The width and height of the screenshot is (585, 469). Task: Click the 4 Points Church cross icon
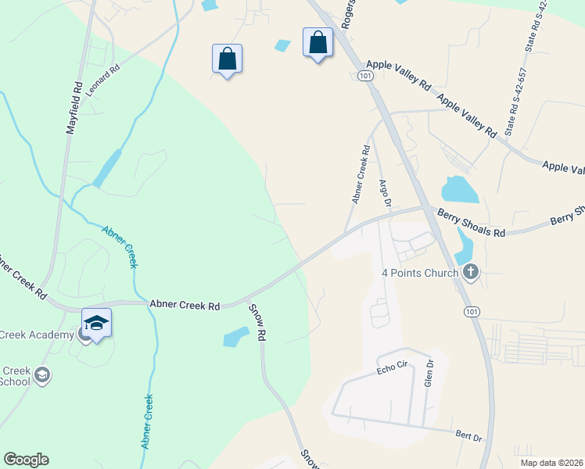pos(470,272)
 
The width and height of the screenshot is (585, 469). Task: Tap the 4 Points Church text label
pos(419,273)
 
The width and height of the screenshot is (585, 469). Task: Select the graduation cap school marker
pos(96,323)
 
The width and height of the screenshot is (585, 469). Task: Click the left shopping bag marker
pos(227,59)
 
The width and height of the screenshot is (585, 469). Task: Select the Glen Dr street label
pos(428,374)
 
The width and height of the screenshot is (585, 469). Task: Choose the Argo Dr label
pos(384,193)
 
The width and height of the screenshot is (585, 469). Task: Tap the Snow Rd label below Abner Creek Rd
pos(258,322)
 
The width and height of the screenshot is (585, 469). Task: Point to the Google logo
pos(26,460)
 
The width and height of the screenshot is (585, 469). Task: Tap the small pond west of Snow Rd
pos(235,337)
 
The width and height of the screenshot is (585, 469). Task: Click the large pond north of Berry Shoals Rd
pos(459,189)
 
